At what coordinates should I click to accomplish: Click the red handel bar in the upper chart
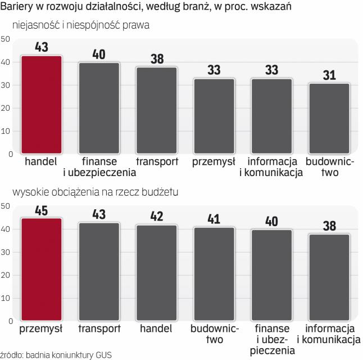pyautogui.click(x=41, y=105)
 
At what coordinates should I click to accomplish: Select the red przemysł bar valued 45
pyautogui.click(x=41, y=269)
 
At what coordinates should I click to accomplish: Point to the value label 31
pyautogui.click(x=329, y=75)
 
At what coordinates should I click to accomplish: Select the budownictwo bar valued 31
pyautogui.click(x=329, y=118)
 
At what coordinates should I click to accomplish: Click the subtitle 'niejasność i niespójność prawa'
pyautogui.click(x=84, y=26)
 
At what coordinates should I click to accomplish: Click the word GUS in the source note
pyautogui.click(x=103, y=354)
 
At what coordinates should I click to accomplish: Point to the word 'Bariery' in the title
pyautogui.click(x=20, y=8)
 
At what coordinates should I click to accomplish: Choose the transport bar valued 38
pyautogui.click(x=156, y=110)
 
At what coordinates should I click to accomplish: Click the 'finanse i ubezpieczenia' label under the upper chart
pyautogui.click(x=99, y=166)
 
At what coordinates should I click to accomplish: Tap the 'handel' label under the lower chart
pyautogui.click(x=156, y=328)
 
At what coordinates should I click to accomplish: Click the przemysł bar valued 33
pyautogui.click(x=214, y=116)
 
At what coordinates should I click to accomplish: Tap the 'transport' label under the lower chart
pyautogui.click(x=99, y=328)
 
